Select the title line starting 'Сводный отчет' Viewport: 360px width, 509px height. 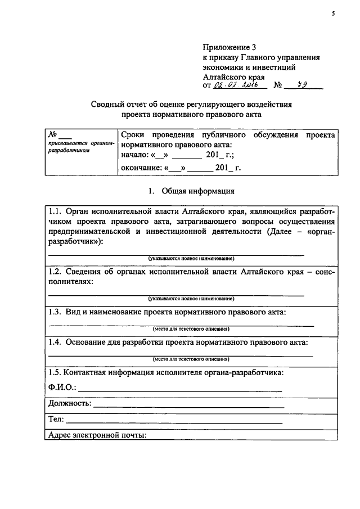click(x=192, y=104)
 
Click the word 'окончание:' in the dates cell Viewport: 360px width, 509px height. click(x=141, y=168)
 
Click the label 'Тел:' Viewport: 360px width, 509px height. click(x=56, y=420)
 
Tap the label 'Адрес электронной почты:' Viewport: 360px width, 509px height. click(x=97, y=435)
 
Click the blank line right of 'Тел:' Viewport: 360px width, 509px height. click(x=174, y=421)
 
